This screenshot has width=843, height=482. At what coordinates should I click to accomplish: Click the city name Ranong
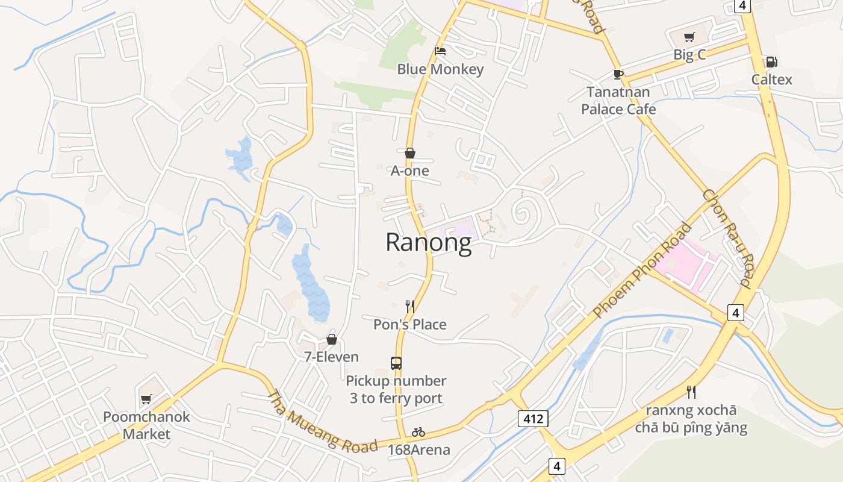coord(428,242)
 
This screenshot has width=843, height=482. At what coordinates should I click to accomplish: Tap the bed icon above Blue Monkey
coord(440,51)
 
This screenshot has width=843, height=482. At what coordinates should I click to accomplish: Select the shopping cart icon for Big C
coord(689,37)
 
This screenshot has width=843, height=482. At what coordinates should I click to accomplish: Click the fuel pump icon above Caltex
coord(771,61)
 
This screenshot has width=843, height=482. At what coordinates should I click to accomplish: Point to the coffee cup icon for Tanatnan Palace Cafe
coord(618,74)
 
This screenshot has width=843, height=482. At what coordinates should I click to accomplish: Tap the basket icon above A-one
coord(410,153)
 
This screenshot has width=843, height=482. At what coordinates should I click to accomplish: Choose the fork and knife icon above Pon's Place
coord(410,307)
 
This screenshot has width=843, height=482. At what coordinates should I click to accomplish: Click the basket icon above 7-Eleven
coord(331,339)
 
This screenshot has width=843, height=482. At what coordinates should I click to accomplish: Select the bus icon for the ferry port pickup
coord(396,363)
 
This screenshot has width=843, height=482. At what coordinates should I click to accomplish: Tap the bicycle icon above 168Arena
coord(418,432)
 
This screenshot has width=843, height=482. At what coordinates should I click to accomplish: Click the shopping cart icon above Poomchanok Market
coord(146,399)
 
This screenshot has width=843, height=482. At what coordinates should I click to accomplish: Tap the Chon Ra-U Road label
coord(727,238)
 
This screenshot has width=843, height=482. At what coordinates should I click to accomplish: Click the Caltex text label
coord(771,80)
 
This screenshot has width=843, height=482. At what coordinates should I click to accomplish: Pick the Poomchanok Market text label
coord(146,425)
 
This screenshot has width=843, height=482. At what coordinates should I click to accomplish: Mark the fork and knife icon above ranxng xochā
coord(691,392)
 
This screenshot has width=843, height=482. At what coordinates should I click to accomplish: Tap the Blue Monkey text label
coord(440,69)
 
